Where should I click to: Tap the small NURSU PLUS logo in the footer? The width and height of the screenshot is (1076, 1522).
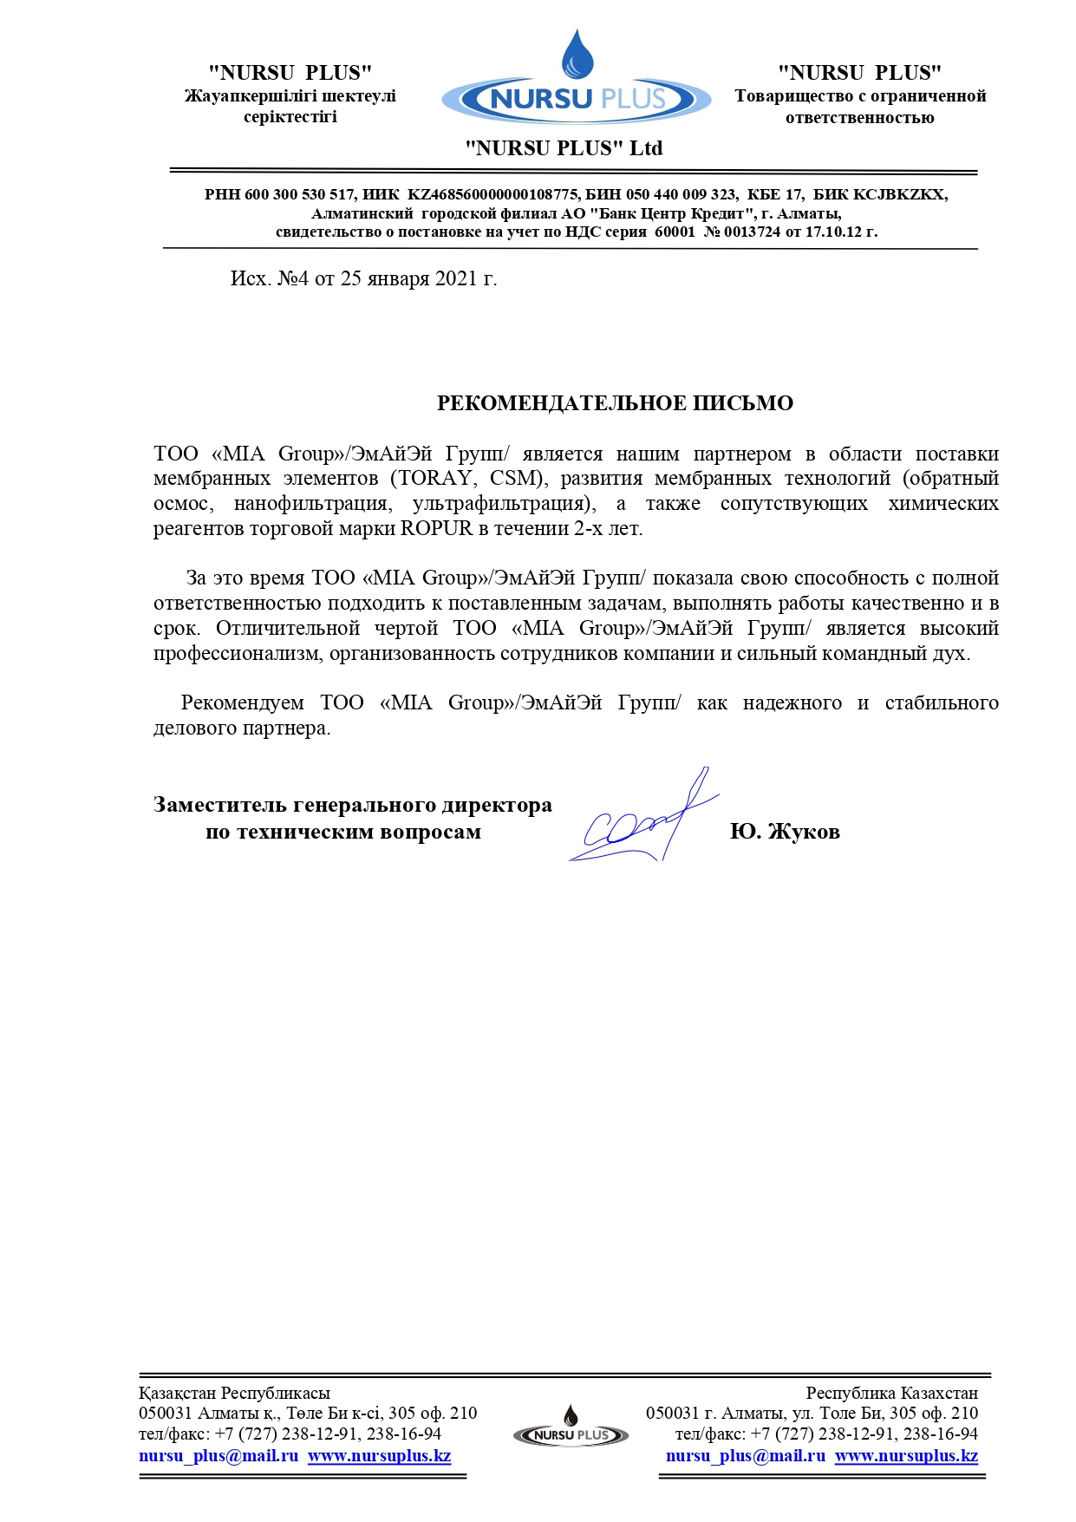[571, 1430]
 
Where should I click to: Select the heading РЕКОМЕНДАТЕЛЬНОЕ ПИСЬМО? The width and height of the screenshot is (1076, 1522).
[615, 403]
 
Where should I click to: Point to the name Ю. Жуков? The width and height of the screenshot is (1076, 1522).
[785, 832]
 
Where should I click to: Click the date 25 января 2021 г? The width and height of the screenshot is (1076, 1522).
[419, 278]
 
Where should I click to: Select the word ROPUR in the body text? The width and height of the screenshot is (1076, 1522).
[436, 529]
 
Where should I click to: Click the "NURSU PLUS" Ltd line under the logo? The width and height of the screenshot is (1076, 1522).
[564, 148]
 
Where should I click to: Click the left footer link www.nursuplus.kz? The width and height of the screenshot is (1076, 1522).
[379, 1456]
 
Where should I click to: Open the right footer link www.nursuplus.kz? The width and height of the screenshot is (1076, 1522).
[906, 1456]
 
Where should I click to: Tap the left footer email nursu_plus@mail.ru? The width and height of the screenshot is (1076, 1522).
[218, 1456]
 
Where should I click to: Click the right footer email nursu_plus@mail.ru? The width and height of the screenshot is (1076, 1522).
[746, 1456]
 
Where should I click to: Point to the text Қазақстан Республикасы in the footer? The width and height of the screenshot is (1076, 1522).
[234, 1394]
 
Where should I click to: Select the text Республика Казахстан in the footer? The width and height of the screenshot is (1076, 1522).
[891, 1394]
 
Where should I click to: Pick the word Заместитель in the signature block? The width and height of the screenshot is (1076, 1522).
[221, 806]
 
